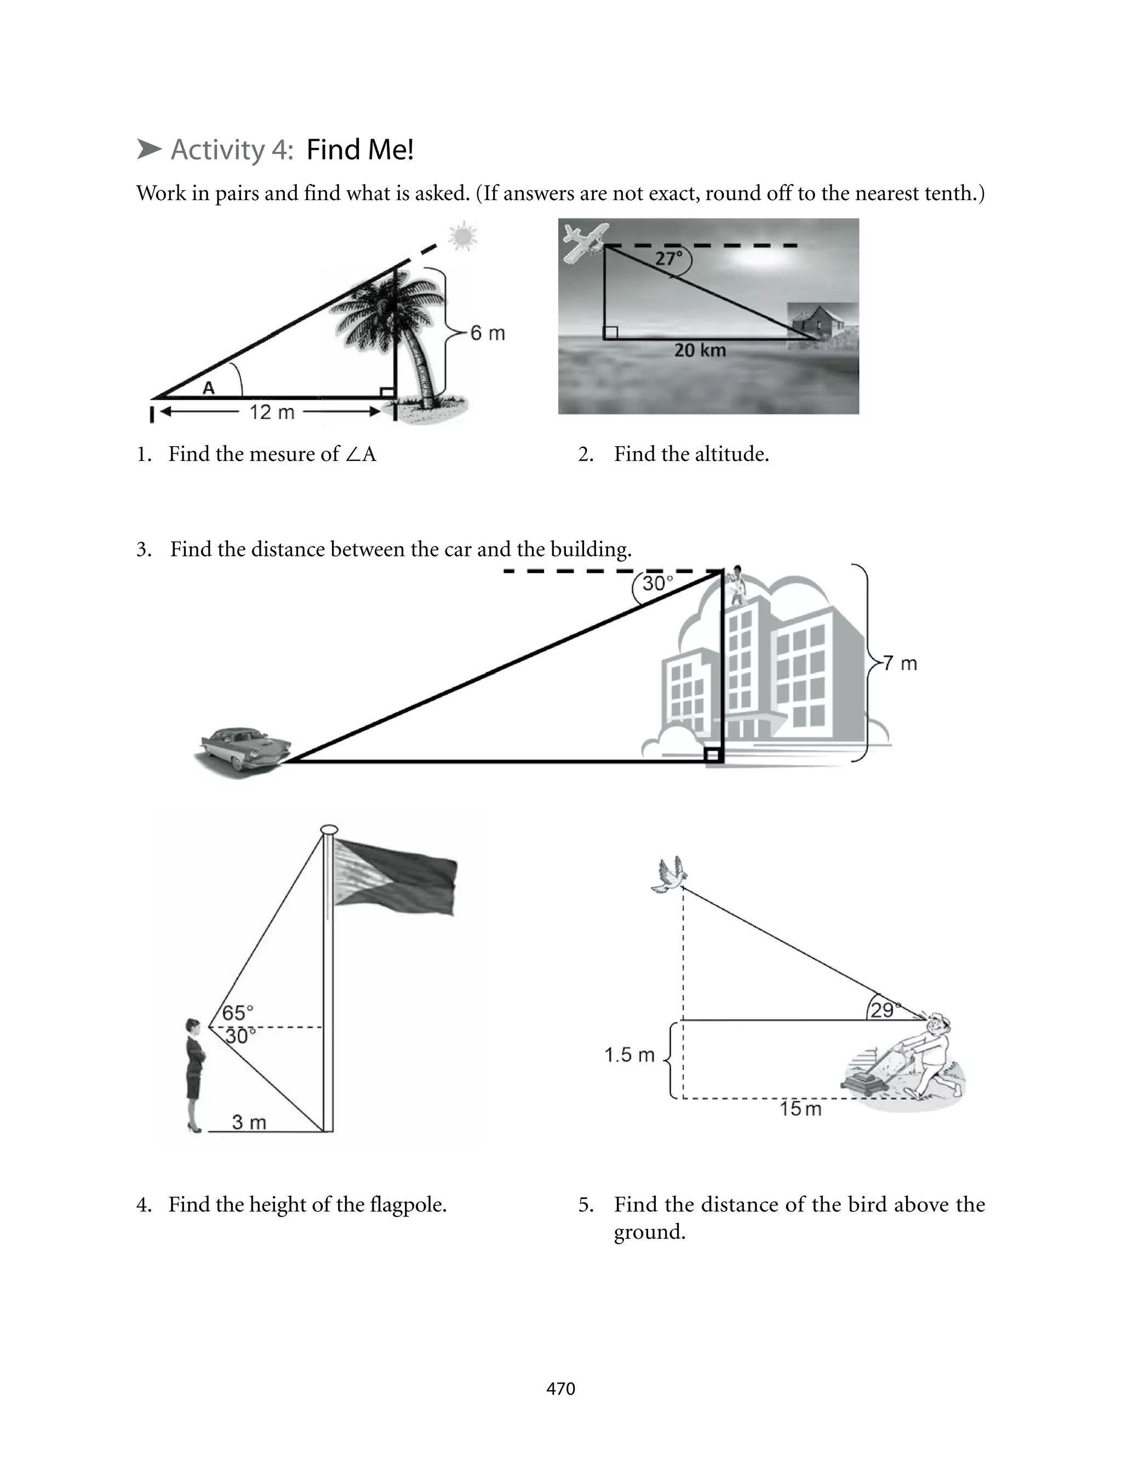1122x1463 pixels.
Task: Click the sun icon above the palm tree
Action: click(463, 236)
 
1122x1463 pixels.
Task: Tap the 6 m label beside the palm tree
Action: click(487, 333)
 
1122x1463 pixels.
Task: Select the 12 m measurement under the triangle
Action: click(272, 412)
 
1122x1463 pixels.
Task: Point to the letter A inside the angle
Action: click(208, 388)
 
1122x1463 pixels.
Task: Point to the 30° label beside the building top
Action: click(657, 584)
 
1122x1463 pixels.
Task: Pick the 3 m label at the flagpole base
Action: click(248, 1122)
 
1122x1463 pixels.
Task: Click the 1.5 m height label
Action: click(628, 1055)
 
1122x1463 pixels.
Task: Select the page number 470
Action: click(560, 1389)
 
